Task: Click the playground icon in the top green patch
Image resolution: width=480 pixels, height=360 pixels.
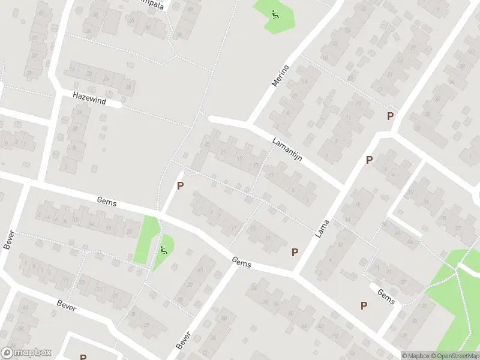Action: (275, 14)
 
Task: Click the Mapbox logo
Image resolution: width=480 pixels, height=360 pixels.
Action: (26, 353)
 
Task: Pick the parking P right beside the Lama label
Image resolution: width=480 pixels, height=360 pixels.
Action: (369, 160)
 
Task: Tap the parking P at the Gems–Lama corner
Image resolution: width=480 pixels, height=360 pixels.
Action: (295, 253)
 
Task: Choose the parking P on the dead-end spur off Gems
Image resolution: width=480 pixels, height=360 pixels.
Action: (180, 187)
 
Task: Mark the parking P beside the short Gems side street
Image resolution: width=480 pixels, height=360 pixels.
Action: (364, 305)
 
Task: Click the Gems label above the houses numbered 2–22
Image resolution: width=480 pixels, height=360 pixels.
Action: (107, 203)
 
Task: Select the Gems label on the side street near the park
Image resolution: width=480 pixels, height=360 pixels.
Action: (386, 296)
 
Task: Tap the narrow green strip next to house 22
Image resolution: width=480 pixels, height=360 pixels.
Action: (145, 239)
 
